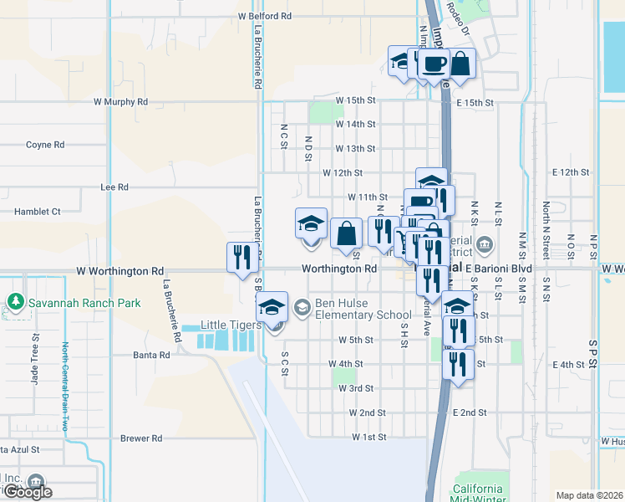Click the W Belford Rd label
(x=264, y=16)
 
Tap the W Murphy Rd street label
(x=120, y=102)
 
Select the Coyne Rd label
(x=45, y=145)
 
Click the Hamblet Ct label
(x=38, y=212)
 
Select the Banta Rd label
(x=151, y=355)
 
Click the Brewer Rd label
(x=140, y=438)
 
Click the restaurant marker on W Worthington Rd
(x=241, y=257)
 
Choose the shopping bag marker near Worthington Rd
(x=345, y=233)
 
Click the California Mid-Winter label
(x=478, y=493)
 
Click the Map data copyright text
(x=589, y=495)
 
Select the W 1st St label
(x=368, y=438)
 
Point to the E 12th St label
(x=571, y=172)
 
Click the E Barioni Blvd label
(x=498, y=269)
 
